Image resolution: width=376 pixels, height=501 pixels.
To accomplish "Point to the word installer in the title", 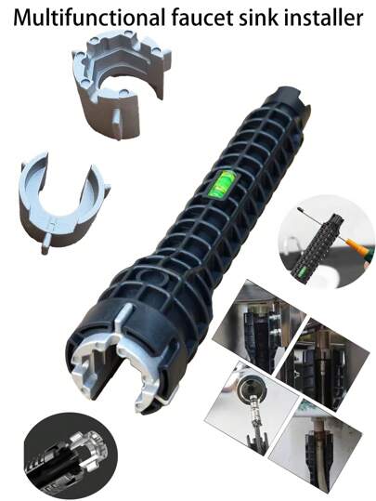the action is click(323, 18).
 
